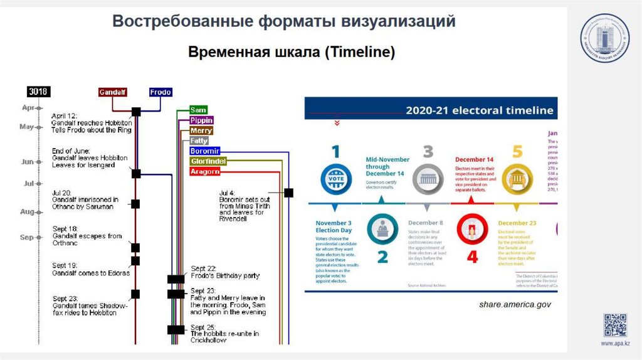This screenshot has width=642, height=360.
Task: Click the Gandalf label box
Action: pyautogui.click(x=113, y=92)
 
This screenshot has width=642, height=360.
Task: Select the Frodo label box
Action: pyautogui.click(x=160, y=92)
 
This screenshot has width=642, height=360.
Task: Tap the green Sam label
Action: pyautogui.click(x=198, y=110)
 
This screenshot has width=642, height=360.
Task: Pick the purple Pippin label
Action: pyautogui.click(x=201, y=120)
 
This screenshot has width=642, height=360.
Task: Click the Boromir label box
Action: pyautogui.click(x=204, y=151)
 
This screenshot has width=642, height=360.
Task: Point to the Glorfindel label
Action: pyautogui.click(x=208, y=161)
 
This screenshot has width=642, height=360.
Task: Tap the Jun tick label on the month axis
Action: pyautogui.click(x=28, y=162)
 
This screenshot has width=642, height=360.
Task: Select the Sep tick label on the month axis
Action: pyautogui.click(x=27, y=238)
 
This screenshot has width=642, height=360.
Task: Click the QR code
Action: pyautogui.click(x=615, y=324)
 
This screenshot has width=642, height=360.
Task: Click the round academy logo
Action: pyautogui.click(x=604, y=38)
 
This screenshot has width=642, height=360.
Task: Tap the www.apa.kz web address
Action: pyautogui.click(x=615, y=344)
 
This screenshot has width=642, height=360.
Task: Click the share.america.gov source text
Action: pyautogui.click(x=514, y=304)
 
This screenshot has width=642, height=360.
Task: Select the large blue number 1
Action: pyautogui.click(x=336, y=152)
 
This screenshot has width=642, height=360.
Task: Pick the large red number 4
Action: pyautogui.click(x=473, y=257)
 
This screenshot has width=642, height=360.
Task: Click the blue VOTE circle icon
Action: pyautogui.click(x=332, y=178)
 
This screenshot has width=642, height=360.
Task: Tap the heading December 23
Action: pyautogui.click(x=517, y=223)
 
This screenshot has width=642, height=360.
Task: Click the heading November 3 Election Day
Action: pyautogui.click(x=334, y=226)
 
